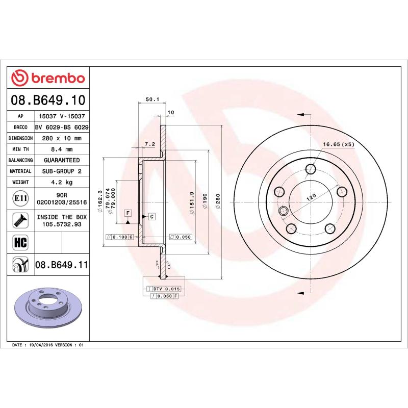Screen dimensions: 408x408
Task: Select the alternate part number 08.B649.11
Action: (x=61, y=265)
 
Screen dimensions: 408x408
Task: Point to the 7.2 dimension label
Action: (x=149, y=144)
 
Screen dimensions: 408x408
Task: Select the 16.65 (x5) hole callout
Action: (x=339, y=144)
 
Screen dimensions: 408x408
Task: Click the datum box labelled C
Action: (x=151, y=217)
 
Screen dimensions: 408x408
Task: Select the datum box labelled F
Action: (x=127, y=212)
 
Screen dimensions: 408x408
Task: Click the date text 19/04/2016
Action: (x=42, y=345)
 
